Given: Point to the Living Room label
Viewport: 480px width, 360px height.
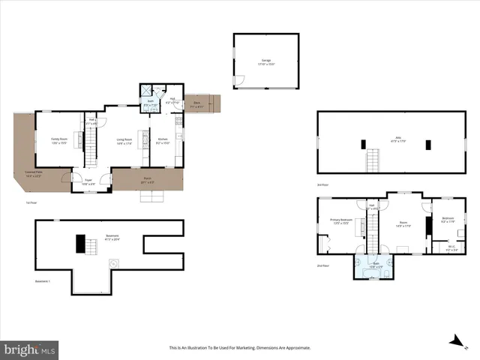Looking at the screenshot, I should [x=124, y=140].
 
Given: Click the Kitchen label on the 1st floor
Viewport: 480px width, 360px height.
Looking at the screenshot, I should [x=163, y=140].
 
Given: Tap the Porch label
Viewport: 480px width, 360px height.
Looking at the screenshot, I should [x=148, y=179].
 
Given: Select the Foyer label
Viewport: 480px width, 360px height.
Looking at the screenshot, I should [x=88, y=181].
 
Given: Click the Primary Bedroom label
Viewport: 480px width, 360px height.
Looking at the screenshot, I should [x=341, y=221].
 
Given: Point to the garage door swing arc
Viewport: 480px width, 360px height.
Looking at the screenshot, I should [x=240, y=79].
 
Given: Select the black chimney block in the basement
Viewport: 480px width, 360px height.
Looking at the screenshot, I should [x=79, y=244].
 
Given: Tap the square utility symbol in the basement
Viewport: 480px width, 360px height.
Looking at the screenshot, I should [x=115, y=264].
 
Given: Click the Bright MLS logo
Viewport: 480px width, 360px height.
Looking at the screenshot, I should [x=30, y=349].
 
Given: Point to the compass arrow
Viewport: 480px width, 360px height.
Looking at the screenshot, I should [x=454, y=340].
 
